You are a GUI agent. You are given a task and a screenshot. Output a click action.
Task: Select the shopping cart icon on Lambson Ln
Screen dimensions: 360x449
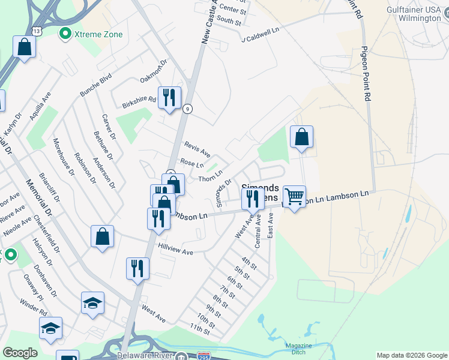pyautogui.click(x=294, y=196)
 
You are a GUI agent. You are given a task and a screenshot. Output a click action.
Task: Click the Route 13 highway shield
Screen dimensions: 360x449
pyautogui.click(x=37, y=30)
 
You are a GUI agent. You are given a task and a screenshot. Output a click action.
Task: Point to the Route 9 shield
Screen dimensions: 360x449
pyautogui.click(x=188, y=109)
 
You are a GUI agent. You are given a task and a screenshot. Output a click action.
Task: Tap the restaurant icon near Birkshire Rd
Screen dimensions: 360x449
pyautogui.click(x=169, y=98)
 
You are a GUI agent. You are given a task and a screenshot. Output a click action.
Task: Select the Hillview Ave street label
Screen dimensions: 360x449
pyautogui.click(x=176, y=249)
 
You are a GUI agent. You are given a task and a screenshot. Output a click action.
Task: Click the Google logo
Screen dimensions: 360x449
pyautogui.click(x=20, y=353)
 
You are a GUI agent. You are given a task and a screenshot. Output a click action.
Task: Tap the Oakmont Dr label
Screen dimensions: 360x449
pyautogui.click(x=152, y=72)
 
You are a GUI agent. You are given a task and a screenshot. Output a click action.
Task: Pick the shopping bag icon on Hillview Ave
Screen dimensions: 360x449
pyautogui.click(x=103, y=236)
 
